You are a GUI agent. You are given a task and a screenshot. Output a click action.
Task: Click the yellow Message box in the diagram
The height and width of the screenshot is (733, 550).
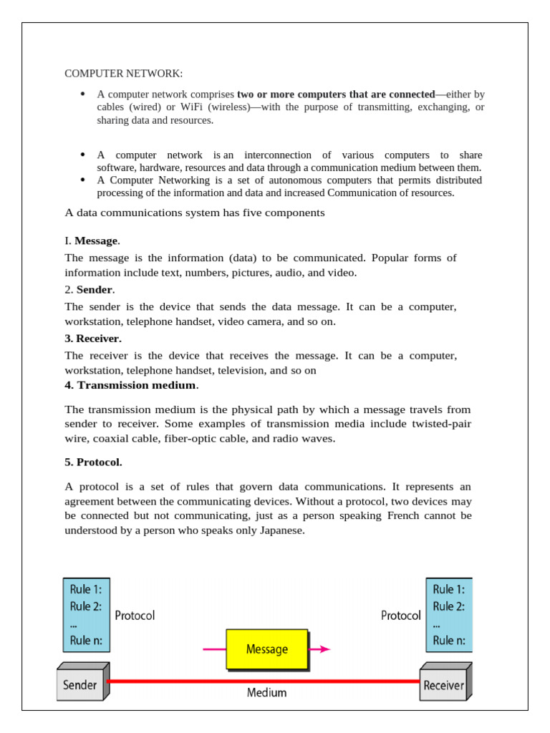pyautogui.click(x=267, y=649)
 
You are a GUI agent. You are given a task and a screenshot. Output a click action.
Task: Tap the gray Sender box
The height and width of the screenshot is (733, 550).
pyautogui.click(x=80, y=685)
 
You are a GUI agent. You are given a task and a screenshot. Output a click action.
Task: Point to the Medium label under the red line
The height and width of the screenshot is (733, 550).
pyautogui.click(x=266, y=692)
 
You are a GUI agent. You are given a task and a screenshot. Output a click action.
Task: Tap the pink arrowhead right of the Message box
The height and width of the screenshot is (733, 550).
pyautogui.click(x=324, y=649)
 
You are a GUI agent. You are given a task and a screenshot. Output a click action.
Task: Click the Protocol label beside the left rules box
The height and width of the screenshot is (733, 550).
pyautogui.click(x=135, y=615)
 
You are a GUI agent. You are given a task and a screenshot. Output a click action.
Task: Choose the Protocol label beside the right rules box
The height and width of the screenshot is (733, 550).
pyautogui.click(x=400, y=615)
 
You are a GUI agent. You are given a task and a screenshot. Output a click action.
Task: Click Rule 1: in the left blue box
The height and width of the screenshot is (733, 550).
pyautogui.click(x=85, y=589)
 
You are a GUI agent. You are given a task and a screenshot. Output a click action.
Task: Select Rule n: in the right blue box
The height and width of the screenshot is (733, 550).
pyautogui.click(x=448, y=641)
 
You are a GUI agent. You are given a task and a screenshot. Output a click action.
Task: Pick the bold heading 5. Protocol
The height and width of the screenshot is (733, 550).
pyautogui.click(x=93, y=462)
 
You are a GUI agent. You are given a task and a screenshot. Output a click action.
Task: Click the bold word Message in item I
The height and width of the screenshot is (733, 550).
pyautogui.click(x=96, y=241)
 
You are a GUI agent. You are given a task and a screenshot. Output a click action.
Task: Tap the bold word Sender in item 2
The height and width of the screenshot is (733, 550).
pyautogui.click(x=94, y=289)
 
